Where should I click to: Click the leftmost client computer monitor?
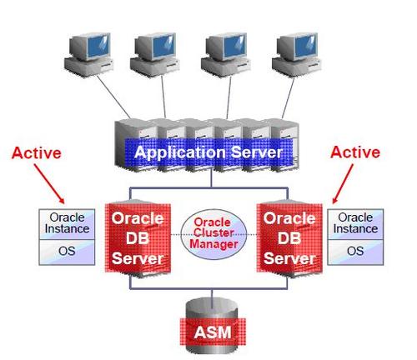90,47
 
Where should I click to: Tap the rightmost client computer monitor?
298,47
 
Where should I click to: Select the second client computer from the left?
154,55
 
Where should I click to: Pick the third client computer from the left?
226,55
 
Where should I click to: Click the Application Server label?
208,152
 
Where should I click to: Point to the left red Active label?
37,153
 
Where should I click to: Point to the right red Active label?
355,152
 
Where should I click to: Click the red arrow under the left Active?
49,183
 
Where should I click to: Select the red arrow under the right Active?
343,183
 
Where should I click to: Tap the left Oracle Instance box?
67,224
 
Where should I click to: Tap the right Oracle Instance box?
355,224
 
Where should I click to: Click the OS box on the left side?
67,252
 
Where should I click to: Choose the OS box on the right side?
355,252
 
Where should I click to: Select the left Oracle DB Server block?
138,238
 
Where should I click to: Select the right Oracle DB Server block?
289,238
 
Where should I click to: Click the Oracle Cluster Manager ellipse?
214,234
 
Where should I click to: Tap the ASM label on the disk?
213,332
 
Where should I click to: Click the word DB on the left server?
138,238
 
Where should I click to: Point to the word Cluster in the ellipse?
214,232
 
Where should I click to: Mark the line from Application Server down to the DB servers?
211,178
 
